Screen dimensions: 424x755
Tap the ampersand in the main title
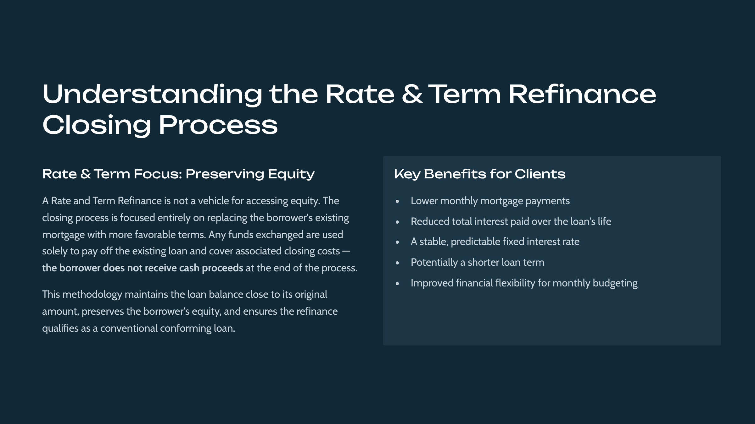pos(412,94)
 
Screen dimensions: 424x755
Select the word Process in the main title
pos(218,125)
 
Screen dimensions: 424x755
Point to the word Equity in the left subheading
pos(291,174)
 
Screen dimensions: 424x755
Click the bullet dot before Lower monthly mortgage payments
pos(397,201)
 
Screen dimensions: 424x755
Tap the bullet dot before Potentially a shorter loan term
pos(397,263)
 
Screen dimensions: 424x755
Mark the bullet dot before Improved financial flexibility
pos(397,284)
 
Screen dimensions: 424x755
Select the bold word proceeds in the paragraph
pos(222,268)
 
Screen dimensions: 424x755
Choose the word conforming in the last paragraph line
pos(186,329)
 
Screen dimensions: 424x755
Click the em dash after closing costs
pos(346,251)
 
